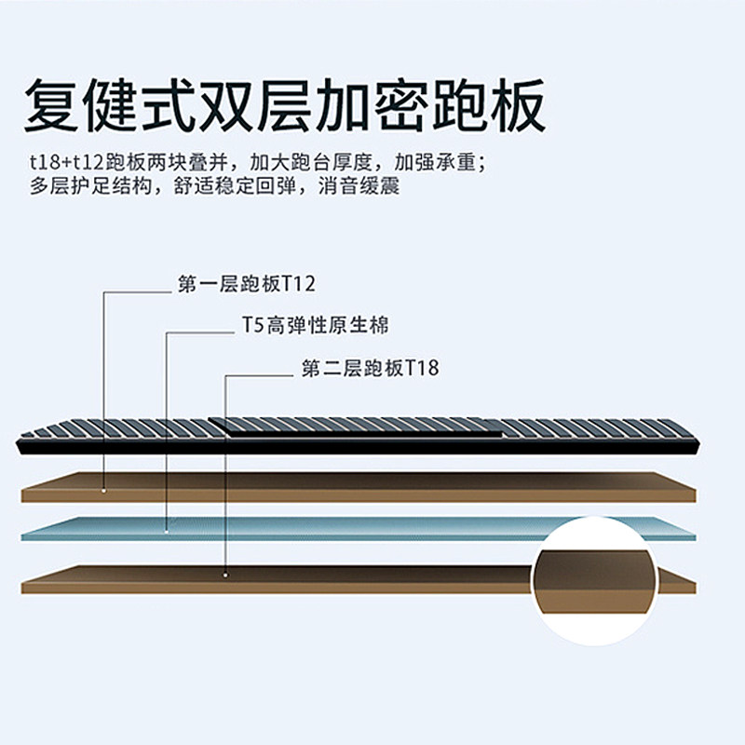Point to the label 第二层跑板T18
[x=370, y=369]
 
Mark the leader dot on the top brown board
[x=103, y=489]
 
